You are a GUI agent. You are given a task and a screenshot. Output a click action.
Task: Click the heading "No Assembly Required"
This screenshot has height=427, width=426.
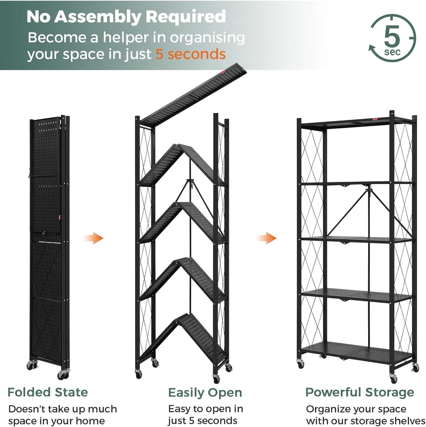tap(126, 16)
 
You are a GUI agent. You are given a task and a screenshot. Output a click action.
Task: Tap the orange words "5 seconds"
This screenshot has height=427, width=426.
tap(190, 53)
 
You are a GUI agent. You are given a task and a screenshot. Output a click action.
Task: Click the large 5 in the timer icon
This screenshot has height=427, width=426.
tap(392, 35)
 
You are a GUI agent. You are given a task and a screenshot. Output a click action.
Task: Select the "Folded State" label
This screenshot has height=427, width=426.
tap(48, 392)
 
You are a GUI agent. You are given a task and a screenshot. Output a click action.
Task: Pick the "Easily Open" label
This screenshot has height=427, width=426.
tap(205, 393)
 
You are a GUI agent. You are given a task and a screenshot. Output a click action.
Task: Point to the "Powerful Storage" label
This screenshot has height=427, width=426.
tap(360, 392)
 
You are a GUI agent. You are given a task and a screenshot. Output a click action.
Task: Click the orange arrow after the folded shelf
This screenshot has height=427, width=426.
tap(93, 238)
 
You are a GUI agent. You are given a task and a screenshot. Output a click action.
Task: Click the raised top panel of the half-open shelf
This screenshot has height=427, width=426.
tap(194, 94)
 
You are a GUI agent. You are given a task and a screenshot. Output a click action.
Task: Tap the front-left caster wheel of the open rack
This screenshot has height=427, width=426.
tap(301, 364)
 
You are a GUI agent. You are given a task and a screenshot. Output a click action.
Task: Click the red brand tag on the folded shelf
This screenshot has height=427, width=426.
tap(59, 217)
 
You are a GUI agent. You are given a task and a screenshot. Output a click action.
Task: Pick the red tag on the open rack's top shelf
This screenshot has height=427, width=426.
tap(376, 119)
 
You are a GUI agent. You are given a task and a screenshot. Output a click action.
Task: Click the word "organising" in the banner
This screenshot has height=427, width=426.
tap(207, 38)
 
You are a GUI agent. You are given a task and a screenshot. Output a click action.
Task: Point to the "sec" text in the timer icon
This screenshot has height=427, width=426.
tap(392, 52)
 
